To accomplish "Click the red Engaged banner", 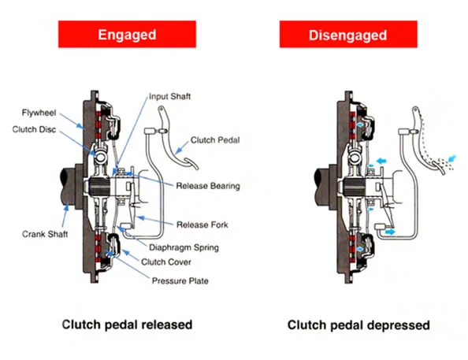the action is [127, 34].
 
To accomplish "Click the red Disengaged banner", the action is [348, 34].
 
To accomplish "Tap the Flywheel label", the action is [39, 113].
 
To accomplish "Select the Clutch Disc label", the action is [34, 129].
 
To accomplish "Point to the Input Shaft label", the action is [169, 96].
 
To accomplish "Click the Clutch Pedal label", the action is [215, 140].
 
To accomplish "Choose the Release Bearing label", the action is [208, 186].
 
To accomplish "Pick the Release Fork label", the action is [202, 225].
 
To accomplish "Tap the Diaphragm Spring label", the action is [184, 247].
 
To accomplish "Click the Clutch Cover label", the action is [166, 262].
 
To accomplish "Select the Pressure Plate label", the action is [180, 281].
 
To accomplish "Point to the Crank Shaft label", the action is [45, 234].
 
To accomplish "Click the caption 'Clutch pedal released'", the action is [127, 325].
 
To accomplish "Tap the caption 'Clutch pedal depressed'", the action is [358, 325].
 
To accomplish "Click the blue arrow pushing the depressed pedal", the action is [452, 158].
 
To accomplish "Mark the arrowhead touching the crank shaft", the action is [66, 207].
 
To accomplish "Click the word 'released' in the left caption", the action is [167, 325].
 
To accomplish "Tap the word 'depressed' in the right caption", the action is [399, 325].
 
